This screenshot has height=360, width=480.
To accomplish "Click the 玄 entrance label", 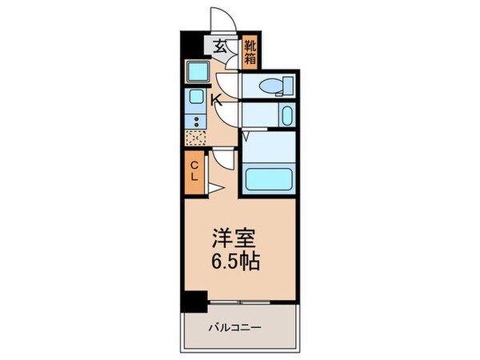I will tap(219, 46).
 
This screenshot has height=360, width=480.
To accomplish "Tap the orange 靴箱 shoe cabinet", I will tap(250, 50).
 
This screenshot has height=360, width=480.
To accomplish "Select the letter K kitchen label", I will tap(215, 99).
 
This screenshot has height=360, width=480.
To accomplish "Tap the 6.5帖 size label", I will tap(234, 262).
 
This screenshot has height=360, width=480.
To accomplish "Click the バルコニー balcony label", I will tap(238, 327).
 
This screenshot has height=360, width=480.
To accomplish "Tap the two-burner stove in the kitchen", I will tap(195, 122).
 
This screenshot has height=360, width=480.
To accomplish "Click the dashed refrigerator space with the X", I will tap(195, 138).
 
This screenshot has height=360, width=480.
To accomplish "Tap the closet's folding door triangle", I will tap(214, 188).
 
